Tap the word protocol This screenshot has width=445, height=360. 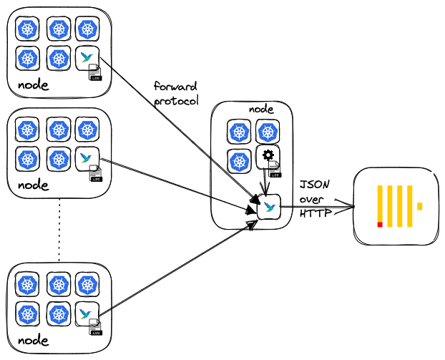click(x=175, y=100)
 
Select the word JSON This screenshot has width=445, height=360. click(x=313, y=185)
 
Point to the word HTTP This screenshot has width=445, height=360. click(x=313, y=213)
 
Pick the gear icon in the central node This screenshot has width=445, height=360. click(x=268, y=155)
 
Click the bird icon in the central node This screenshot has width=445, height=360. click(x=268, y=208)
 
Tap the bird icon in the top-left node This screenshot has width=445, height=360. click(x=87, y=57)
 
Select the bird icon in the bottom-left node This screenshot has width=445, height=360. click(x=87, y=313)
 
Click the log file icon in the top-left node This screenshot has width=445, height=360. click(x=95, y=72)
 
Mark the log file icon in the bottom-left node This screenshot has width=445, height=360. click(x=95, y=328)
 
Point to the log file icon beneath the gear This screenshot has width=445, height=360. click(x=275, y=169)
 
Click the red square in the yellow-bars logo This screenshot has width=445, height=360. click(x=380, y=225)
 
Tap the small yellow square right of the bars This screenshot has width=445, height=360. click(x=420, y=206)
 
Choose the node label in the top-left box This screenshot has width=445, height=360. click(x=33, y=84)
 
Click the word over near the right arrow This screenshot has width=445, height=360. click(x=313, y=199)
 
